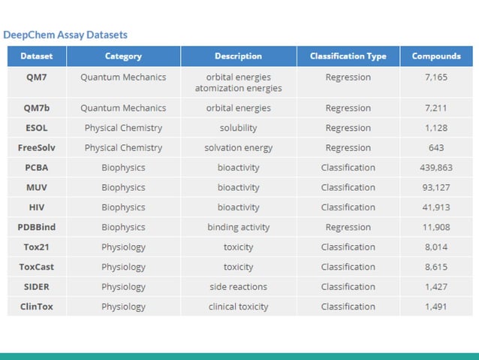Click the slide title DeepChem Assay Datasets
pyautogui.click(x=65, y=35)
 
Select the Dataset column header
pyautogui.click(x=37, y=56)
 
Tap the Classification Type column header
pyautogui.click(x=348, y=56)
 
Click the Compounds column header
pyautogui.click(x=435, y=56)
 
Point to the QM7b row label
pyautogui.click(x=37, y=108)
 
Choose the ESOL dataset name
pyautogui.click(x=37, y=128)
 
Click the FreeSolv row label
pyautogui.click(x=37, y=148)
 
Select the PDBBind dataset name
pyautogui.click(x=37, y=227)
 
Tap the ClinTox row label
pyautogui.click(x=37, y=307)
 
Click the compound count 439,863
pyautogui.click(x=435, y=168)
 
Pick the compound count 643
pyautogui.click(x=435, y=148)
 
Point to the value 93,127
pyautogui.click(x=435, y=187)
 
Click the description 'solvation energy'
pyautogui.click(x=238, y=148)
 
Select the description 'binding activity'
pyautogui.click(x=238, y=227)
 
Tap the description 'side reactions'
pyautogui.click(x=238, y=286)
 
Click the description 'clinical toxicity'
pyautogui.click(x=238, y=307)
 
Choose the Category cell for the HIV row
pyautogui.click(x=123, y=207)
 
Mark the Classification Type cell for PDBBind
pyautogui.click(x=348, y=227)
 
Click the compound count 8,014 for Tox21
pyautogui.click(x=435, y=247)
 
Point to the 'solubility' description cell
pyautogui.click(x=238, y=128)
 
